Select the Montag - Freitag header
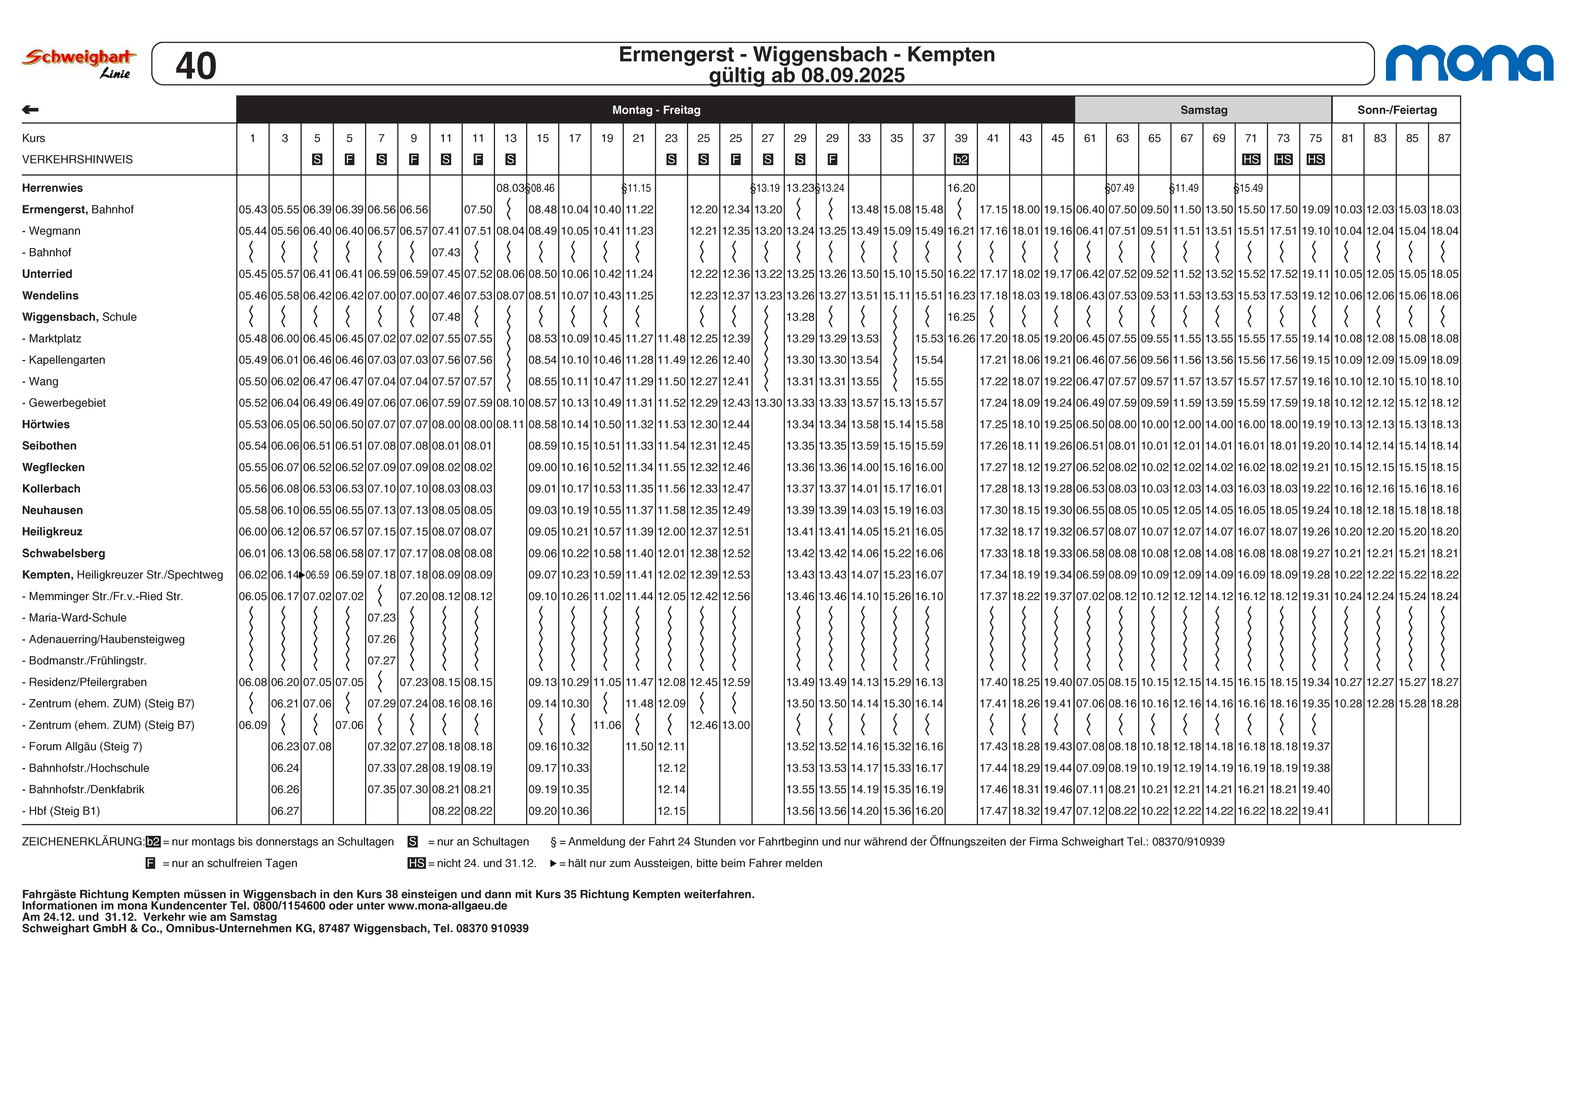pyautogui.click(x=656, y=110)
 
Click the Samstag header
pyautogui.click(x=1203, y=110)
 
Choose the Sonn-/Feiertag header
pyautogui.click(x=1396, y=110)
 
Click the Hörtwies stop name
pyautogui.click(x=46, y=424)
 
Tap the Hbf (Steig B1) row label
pyautogui.click(x=64, y=811)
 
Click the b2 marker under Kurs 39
pyautogui.click(x=961, y=159)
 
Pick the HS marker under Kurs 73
pyautogui.click(x=1283, y=159)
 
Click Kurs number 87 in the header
pyautogui.click(x=1444, y=138)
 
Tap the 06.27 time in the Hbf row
pyautogui.click(x=285, y=811)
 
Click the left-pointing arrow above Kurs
pyautogui.click(x=30, y=110)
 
